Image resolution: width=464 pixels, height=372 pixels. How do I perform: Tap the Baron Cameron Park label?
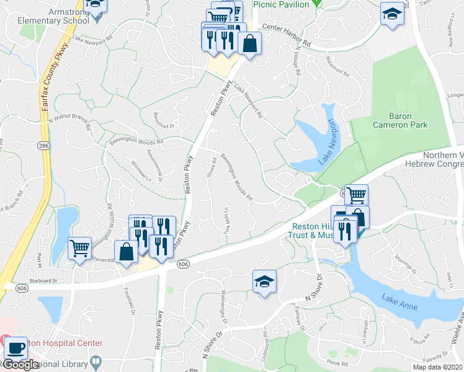400,120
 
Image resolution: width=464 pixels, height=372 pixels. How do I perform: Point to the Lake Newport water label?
328,141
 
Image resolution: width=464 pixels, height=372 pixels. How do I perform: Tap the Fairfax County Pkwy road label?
54,77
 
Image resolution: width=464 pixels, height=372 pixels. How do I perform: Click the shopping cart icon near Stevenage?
79,249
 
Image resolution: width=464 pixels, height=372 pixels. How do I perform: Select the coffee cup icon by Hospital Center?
16,348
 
